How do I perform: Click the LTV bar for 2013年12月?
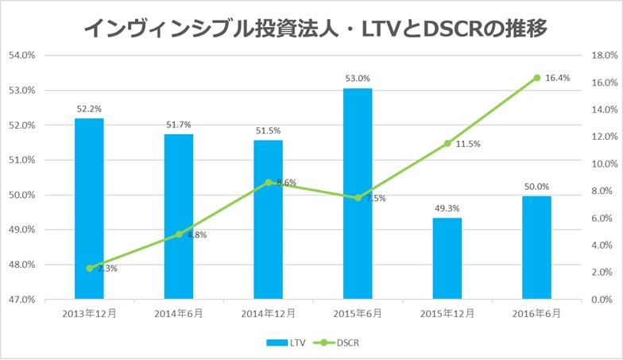point(89,208)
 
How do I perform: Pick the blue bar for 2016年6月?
point(536,247)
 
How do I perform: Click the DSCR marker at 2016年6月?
point(537,78)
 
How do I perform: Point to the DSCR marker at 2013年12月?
point(89,269)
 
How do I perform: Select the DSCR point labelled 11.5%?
point(447,143)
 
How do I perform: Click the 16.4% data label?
point(558,78)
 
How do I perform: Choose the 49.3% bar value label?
point(447,208)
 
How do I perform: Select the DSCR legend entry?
point(339,343)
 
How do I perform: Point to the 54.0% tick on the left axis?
point(21,56)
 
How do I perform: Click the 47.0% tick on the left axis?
point(21,300)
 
